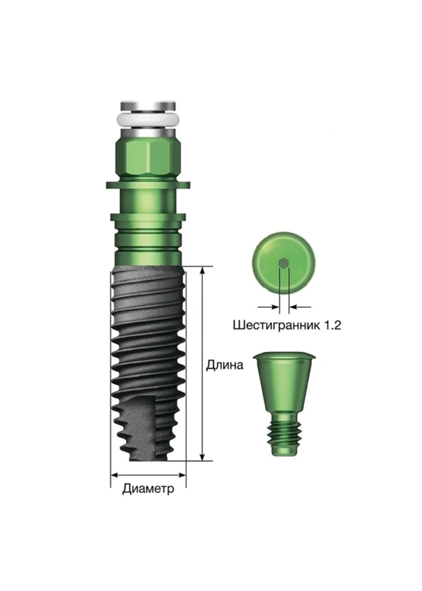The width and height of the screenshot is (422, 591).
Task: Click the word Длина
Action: point(224,365)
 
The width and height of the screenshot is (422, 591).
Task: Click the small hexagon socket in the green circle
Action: point(283,263)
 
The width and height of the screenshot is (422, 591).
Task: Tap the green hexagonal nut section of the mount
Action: point(148,159)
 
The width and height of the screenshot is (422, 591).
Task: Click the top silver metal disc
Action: point(148,106)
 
